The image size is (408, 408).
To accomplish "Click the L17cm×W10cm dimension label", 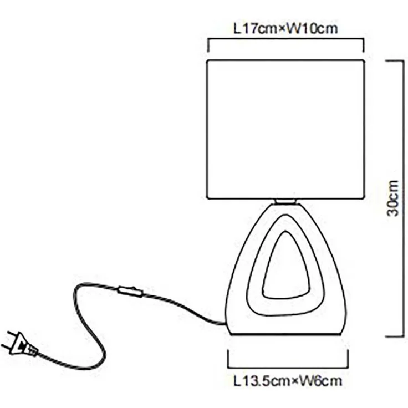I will click(x=286, y=28).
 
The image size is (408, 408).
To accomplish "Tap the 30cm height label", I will click(x=392, y=198).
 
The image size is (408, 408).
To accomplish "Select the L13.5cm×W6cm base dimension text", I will click(x=287, y=381).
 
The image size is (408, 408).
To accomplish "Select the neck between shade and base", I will click(x=285, y=202).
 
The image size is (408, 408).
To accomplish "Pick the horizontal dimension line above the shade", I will click(x=285, y=39).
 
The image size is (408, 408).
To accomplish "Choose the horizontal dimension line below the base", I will click(x=288, y=367).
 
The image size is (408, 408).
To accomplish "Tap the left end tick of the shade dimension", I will click(x=208, y=44).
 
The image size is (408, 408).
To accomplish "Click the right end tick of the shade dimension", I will click(x=364, y=44).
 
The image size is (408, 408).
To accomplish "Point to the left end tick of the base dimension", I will click(x=228, y=359).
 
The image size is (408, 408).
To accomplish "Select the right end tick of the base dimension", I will click(x=349, y=359).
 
